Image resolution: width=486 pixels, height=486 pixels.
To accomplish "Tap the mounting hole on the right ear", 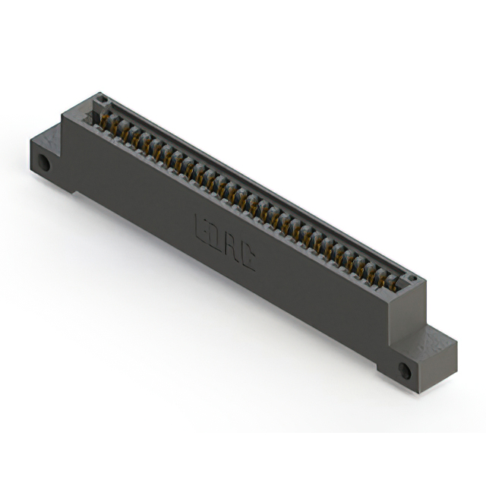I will click(x=404, y=371).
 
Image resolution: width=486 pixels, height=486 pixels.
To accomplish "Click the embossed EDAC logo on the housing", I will click(x=226, y=243).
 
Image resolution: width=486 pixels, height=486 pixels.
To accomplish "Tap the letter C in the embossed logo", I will click(x=248, y=259).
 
